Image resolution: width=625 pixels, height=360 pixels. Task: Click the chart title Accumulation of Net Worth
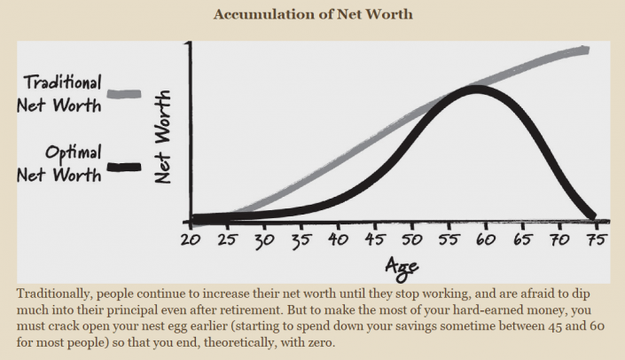click(312, 14)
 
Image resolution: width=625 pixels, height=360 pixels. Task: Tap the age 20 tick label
click(189, 239)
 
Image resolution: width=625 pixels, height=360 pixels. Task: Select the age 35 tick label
click(301, 239)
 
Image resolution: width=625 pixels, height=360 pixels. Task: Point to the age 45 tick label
click(374, 239)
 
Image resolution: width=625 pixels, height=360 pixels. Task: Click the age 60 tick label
click(485, 239)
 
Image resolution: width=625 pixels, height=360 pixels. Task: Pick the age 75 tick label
click(596, 239)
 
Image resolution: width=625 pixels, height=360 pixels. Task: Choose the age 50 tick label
click(411, 239)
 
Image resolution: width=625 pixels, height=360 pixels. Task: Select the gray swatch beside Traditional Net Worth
click(124, 92)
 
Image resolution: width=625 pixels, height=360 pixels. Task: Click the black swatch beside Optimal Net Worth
click(124, 165)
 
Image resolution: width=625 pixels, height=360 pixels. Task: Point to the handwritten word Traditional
click(62, 82)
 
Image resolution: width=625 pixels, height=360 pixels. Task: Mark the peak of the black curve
click(477, 88)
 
